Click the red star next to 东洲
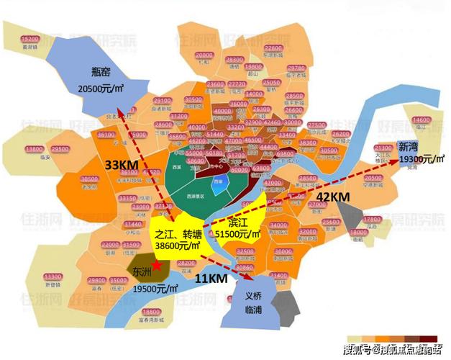tap(158, 266)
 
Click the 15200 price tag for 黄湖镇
tap(29, 38)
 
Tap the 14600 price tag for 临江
tap(422, 120)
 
